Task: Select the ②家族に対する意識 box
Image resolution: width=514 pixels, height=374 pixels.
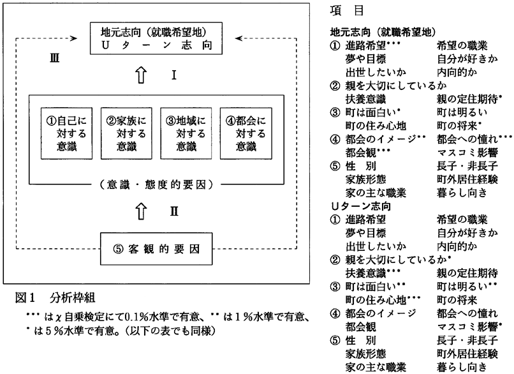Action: coord(122,133)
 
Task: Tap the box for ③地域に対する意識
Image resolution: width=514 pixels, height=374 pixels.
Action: coord(181,133)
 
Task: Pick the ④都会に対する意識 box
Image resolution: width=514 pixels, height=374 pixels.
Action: coord(241,133)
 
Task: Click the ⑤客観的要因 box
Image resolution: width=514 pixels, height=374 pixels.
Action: coord(156,248)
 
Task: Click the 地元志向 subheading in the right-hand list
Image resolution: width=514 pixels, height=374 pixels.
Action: coord(383,30)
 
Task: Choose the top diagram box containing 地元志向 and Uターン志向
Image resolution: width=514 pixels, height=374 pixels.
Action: coord(156,39)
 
